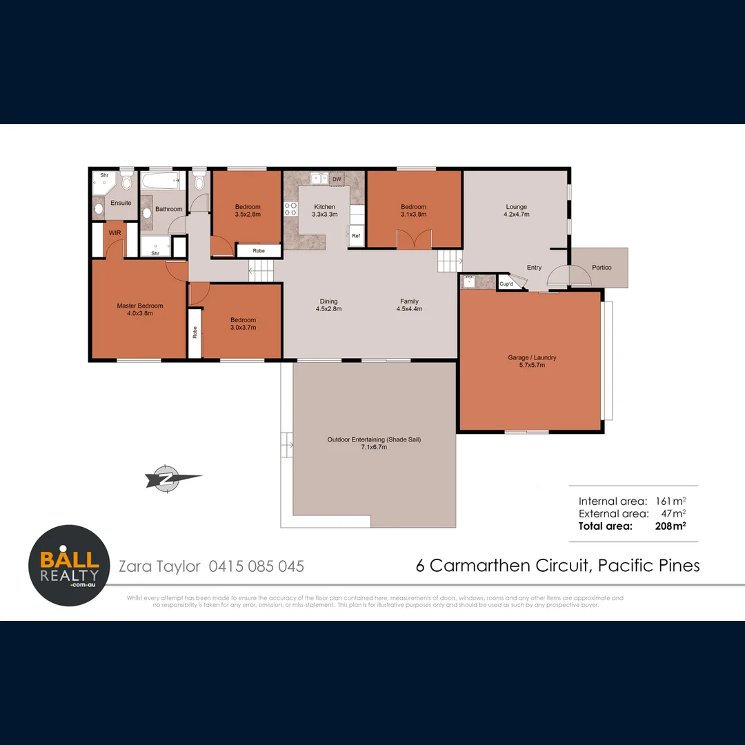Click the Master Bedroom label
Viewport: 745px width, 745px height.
coord(139,310)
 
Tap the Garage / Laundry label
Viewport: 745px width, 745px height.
coord(531,361)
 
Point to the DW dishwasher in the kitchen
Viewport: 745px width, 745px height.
coord(337,179)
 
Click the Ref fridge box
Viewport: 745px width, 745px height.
coord(356,236)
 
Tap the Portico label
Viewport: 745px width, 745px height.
coord(602,268)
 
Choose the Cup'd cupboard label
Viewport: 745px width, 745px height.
coord(506,284)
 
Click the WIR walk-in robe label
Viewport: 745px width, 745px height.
coord(115,233)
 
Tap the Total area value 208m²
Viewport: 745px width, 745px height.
coord(670,526)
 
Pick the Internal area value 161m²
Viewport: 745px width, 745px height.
coord(670,501)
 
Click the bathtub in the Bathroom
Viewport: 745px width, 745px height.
coord(160,183)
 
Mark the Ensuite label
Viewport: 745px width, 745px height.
coord(121,203)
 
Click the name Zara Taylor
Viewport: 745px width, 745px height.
coord(159,566)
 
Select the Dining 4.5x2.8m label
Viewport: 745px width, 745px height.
coord(329,305)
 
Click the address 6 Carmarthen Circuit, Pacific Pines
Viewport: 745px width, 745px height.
coord(557,566)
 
